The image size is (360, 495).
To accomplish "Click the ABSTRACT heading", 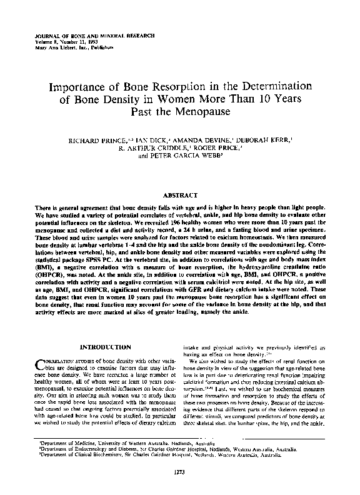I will tap(179, 195).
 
